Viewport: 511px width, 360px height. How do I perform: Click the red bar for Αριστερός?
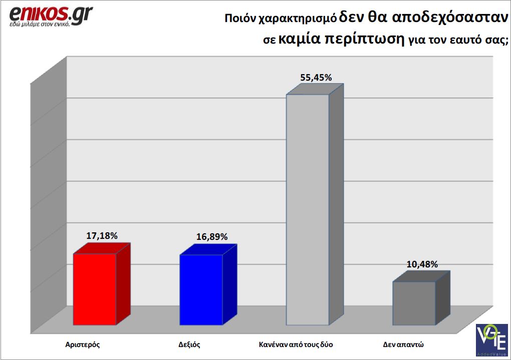(95, 289)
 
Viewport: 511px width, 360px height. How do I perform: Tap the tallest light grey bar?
(307, 209)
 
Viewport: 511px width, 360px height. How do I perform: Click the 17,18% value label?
(102, 235)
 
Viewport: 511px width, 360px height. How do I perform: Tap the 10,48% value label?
(422, 264)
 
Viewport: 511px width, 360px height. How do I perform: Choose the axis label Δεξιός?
(189, 344)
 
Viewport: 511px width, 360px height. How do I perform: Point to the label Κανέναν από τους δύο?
(296, 344)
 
